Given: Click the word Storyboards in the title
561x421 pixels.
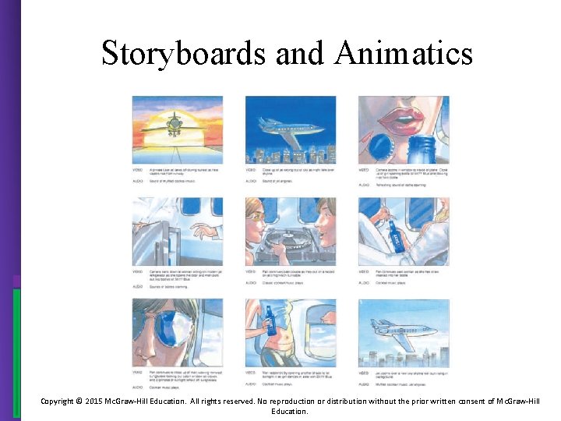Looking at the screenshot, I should pos(184,53).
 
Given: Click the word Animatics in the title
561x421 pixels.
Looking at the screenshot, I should pos(405,53).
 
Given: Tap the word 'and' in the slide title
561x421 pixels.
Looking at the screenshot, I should pos(298,53).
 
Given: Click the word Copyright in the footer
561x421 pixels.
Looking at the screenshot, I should pos(56,401).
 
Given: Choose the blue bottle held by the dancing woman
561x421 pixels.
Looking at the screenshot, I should pos(270,319).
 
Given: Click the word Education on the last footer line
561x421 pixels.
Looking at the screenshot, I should pos(290,411).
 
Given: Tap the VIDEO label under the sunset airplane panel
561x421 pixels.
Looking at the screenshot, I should pos(137,169).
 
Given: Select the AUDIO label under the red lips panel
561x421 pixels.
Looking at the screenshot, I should pos(364,185).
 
